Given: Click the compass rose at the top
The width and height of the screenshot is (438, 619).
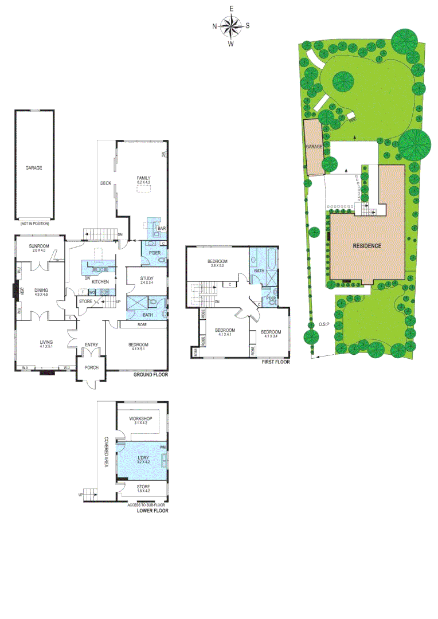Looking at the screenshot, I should click(x=231, y=25).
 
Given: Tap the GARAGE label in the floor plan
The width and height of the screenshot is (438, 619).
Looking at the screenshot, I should click(x=34, y=168).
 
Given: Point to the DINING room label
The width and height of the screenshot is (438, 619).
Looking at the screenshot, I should click(x=41, y=291).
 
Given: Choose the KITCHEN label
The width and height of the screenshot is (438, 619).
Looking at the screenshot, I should click(x=100, y=281).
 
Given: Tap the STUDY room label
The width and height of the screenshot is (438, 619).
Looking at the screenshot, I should click(x=147, y=279).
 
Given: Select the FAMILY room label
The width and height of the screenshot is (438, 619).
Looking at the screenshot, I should click(x=143, y=178).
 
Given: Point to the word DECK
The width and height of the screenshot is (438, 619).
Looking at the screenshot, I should click(x=105, y=183).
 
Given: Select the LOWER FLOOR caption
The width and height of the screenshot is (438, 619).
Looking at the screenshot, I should click(x=152, y=510).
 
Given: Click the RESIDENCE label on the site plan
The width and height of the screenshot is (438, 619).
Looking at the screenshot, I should click(x=366, y=245).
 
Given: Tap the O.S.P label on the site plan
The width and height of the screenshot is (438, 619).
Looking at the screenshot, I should click(x=324, y=325).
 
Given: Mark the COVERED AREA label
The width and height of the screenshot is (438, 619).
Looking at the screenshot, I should click(x=106, y=452).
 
